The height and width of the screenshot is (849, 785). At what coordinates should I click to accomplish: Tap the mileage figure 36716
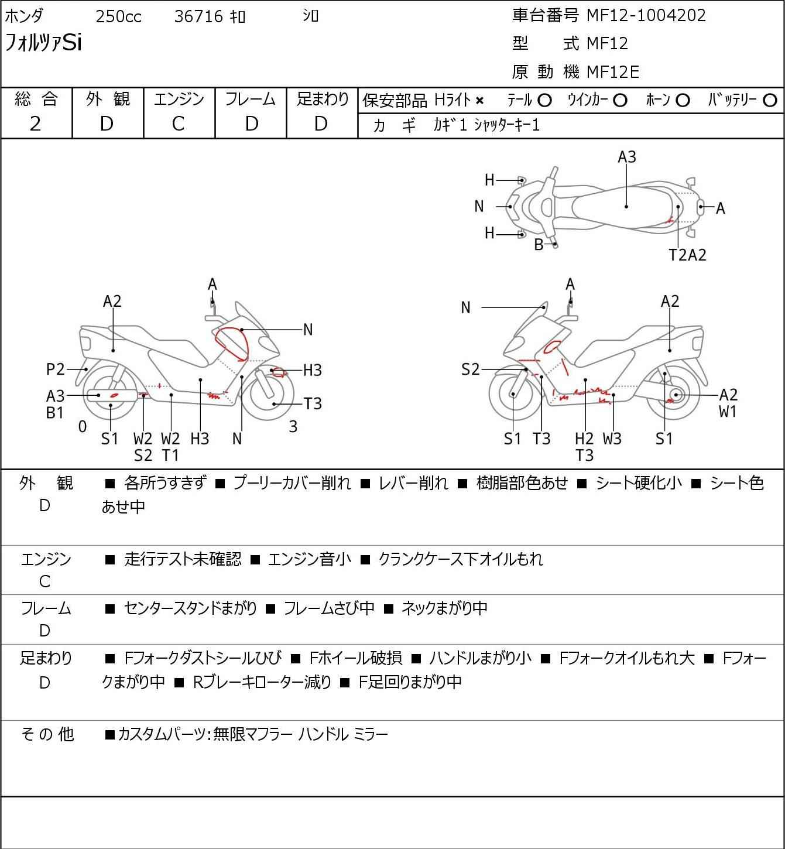[x=198, y=16]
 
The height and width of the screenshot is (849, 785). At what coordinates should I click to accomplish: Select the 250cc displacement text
[x=118, y=16]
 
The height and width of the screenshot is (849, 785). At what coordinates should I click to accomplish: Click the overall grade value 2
[x=35, y=124]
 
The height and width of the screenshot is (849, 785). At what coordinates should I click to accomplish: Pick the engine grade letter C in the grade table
[x=178, y=124]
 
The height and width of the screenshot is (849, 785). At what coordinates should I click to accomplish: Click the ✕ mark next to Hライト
[x=479, y=101]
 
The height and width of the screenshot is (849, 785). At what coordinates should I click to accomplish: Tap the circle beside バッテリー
[x=770, y=101]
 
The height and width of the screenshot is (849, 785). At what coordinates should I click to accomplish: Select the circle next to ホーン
[x=683, y=101]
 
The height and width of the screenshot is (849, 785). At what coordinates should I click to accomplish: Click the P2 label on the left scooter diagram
[x=56, y=369]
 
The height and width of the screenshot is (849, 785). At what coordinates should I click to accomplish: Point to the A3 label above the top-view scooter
[x=626, y=157]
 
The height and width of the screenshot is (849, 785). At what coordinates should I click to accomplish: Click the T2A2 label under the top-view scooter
[x=688, y=255]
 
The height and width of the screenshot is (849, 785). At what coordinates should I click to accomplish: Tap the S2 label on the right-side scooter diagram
[x=470, y=369]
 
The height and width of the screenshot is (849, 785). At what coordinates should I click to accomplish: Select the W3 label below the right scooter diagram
[x=612, y=439]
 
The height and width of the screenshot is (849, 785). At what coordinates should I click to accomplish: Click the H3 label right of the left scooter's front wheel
[x=312, y=370]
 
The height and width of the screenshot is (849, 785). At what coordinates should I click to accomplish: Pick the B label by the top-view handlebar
[x=539, y=245]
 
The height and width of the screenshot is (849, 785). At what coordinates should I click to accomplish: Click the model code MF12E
[x=612, y=72]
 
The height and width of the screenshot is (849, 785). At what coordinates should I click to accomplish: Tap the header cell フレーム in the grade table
[x=251, y=100]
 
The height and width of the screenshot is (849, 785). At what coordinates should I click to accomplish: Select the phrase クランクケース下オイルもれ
[x=461, y=559]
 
